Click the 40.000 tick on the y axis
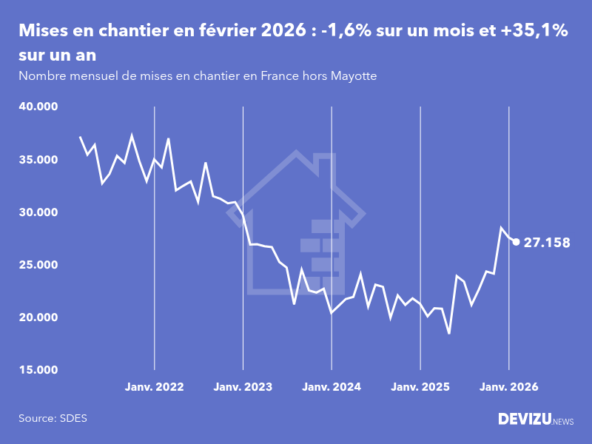pyautogui.click(x=38, y=107)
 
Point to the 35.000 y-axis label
pyautogui.click(x=38, y=159)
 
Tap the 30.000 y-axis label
pyautogui.click(x=38, y=212)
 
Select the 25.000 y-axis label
pyautogui.click(x=38, y=265)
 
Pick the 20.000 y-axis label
pyautogui.click(x=38, y=317)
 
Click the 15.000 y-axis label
pyautogui.click(x=38, y=370)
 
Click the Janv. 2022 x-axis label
pyautogui.click(x=154, y=387)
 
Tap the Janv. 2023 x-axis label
pyautogui.click(x=243, y=387)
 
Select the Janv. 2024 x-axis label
pyautogui.click(x=332, y=387)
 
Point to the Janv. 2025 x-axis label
pyautogui.click(x=420, y=387)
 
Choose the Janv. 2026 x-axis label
pyautogui.click(x=509, y=387)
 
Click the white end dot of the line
pyautogui.click(x=516, y=241)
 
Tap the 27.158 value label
pyautogui.click(x=547, y=242)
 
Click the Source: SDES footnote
pyautogui.click(x=53, y=418)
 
